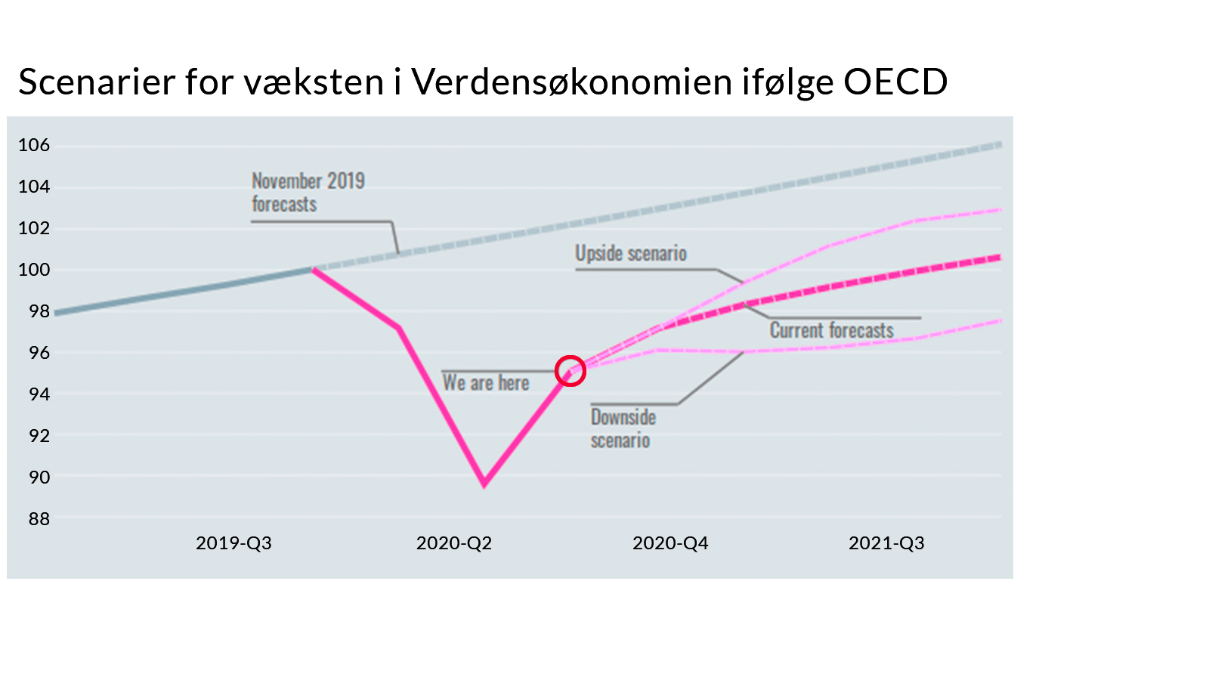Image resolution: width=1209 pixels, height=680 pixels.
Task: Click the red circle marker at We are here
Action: pyautogui.click(x=570, y=371)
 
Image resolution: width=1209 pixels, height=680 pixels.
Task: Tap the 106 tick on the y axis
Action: pyautogui.click(x=34, y=145)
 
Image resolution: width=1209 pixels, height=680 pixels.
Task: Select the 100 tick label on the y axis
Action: pyautogui.click(x=34, y=270)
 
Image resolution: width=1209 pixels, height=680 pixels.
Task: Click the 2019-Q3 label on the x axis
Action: pyautogui.click(x=233, y=543)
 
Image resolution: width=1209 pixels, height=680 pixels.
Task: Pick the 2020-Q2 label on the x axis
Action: pyautogui.click(x=454, y=543)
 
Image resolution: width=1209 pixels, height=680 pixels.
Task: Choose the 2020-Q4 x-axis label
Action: pyautogui.click(x=670, y=543)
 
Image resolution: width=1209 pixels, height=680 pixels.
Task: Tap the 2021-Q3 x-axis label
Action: pyautogui.click(x=886, y=543)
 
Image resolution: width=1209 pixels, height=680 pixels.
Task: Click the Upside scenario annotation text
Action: pyautogui.click(x=631, y=254)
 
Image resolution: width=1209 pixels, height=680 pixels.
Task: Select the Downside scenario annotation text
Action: pyautogui.click(x=623, y=429)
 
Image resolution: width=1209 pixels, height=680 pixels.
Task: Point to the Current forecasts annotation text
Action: pyautogui.click(x=831, y=331)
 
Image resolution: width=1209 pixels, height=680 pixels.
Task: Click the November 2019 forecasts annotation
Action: pyautogui.click(x=308, y=193)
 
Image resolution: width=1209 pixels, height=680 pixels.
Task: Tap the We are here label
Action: pyautogui.click(x=486, y=383)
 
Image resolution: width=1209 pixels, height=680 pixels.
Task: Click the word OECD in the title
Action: pyautogui.click(x=895, y=82)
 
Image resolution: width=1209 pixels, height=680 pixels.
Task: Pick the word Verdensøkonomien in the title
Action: pyautogui.click(x=572, y=82)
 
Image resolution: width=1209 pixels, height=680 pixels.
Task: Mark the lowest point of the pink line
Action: pyautogui.click(x=484, y=484)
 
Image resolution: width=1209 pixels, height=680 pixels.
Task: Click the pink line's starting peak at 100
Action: pyautogui.click(x=312, y=269)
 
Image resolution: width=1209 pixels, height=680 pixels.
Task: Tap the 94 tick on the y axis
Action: pyautogui.click(x=34, y=394)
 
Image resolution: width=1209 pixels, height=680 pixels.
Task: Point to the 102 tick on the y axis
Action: pyautogui.click(x=34, y=228)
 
